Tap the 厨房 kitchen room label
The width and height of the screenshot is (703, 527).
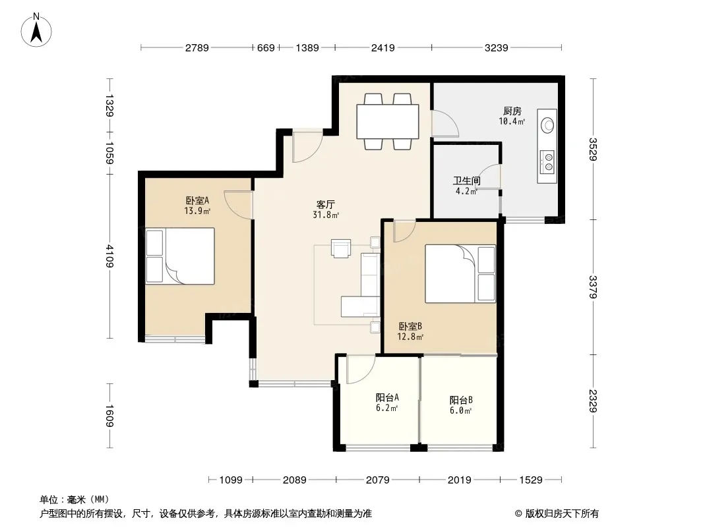coord(512,111)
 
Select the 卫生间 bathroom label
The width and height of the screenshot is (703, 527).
coord(467,181)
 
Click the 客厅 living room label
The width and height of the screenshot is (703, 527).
coord(326,205)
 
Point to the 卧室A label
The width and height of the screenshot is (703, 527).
coord(198,201)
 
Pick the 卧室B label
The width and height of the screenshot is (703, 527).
coord(410,326)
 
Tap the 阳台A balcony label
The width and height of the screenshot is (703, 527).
coord(387,397)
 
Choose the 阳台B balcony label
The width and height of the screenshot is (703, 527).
coord(461,400)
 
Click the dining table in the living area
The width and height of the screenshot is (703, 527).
coord(388,121)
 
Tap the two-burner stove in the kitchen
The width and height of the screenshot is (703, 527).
coord(547,161)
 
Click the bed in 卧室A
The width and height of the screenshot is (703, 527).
coord(180,256)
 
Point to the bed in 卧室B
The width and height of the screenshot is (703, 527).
coord(460,273)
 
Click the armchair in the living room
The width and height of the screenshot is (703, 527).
coord(341,248)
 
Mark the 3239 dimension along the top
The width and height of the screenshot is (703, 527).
coord(497,47)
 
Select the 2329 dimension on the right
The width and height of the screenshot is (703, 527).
coord(593,401)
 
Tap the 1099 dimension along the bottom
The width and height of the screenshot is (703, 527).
coord(231,480)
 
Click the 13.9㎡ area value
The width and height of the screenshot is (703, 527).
coord(198,211)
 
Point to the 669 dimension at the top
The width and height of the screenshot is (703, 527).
coord(266,47)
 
